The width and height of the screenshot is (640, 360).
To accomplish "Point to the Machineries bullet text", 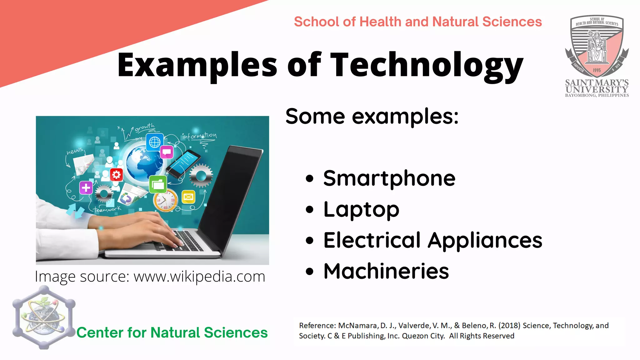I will (x=386, y=271).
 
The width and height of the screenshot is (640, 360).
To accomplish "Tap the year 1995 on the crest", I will (x=597, y=70).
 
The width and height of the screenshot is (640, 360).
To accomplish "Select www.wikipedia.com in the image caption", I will (x=199, y=277).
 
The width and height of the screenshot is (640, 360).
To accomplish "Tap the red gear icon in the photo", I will (x=116, y=174).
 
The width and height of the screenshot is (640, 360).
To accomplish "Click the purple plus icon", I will (x=86, y=188).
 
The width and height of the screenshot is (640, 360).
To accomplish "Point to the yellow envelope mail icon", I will (x=188, y=197).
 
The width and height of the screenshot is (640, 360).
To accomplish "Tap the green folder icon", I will (x=158, y=184).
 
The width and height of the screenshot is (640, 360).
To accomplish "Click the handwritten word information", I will (x=199, y=136).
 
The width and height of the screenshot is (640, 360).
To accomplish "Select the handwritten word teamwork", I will (x=107, y=209).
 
